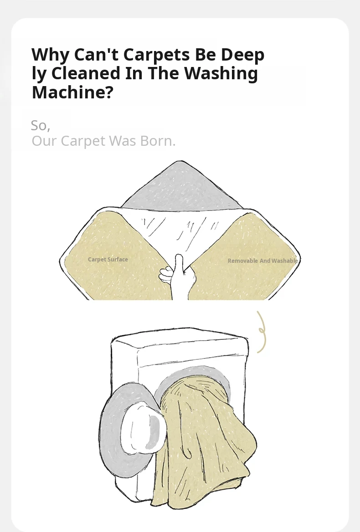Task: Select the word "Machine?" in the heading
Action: tap(72, 92)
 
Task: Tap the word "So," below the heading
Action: tap(41, 126)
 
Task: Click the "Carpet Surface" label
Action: tap(108, 260)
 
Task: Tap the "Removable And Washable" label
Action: tap(262, 261)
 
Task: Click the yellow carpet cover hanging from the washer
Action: tap(204, 441)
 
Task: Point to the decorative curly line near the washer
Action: tap(261, 332)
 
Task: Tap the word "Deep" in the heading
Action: tap(242, 55)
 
